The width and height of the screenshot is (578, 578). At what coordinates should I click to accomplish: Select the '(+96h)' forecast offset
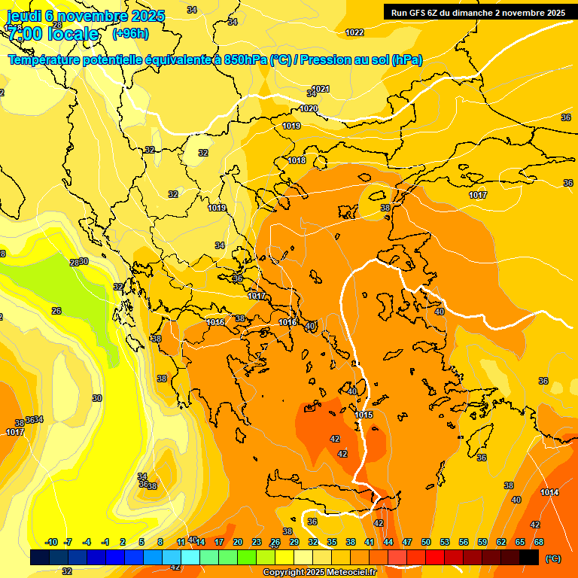(x=130, y=34)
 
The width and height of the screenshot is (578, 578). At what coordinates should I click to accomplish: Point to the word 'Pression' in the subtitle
(x=330, y=59)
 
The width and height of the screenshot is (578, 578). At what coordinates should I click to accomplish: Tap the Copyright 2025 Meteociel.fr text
(x=318, y=573)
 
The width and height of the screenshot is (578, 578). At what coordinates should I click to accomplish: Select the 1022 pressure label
(x=354, y=32)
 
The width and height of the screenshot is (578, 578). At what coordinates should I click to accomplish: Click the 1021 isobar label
(x=321, y=89)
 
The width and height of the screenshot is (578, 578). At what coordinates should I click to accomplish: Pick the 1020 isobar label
(x=309, y=108)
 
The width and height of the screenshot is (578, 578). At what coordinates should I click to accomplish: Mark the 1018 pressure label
(x=297, y=160)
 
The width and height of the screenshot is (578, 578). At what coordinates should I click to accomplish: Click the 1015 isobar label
(x=364, y=415)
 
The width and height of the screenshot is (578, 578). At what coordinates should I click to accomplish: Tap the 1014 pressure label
(x=549, y=492)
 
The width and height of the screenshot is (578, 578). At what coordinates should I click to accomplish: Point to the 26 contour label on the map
(x=56, y=311)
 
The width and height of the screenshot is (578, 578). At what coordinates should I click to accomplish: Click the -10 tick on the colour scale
(x=51, y=542)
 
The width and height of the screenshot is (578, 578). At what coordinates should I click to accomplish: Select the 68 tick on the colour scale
(x=539, y=542)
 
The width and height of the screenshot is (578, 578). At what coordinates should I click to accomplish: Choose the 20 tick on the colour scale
(x=238, y=542)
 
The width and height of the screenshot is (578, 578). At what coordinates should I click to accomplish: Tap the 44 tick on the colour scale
(x=388, y=542)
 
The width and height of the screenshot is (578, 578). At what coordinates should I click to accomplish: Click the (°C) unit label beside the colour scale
(x=552, y=558)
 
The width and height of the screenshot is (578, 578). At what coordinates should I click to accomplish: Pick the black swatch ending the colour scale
(x=529, y=557)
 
